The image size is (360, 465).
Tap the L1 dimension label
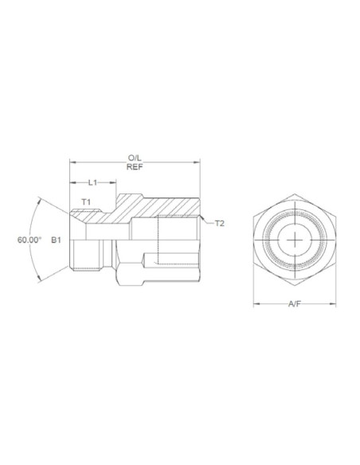point(93,183)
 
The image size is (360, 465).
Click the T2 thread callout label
point(221,223)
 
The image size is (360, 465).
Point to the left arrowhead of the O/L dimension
point(72,163)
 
